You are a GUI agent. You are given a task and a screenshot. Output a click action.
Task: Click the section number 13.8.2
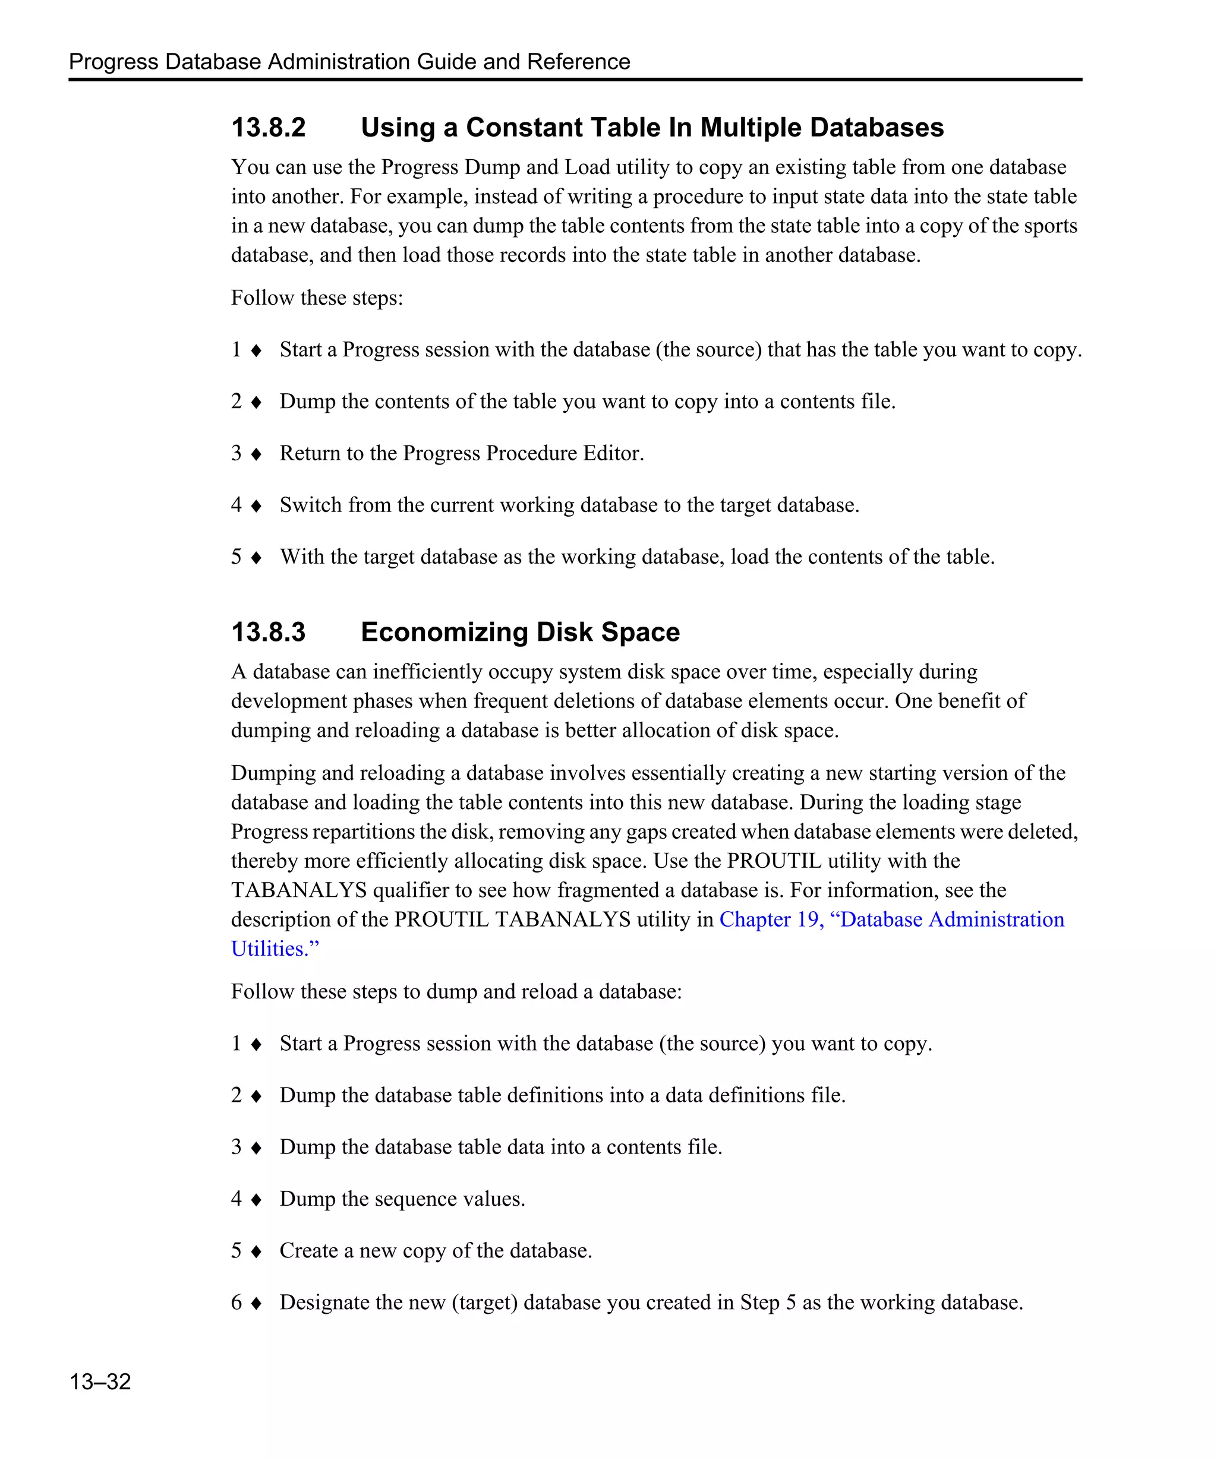coord(269,128)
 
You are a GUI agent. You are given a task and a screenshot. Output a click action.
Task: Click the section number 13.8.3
coord(269,632)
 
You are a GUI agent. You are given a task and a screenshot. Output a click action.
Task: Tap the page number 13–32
coord(100,1381)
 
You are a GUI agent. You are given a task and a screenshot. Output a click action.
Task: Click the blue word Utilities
coord(274,949)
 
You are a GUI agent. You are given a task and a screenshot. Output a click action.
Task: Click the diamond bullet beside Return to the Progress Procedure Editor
coord(256,454)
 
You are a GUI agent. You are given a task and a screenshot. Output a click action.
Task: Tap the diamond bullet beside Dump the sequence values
coord(256,1199)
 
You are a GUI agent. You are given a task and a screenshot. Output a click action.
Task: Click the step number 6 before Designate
coord(237,1302)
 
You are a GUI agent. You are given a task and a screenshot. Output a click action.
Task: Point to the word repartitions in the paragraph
coord(366,832)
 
